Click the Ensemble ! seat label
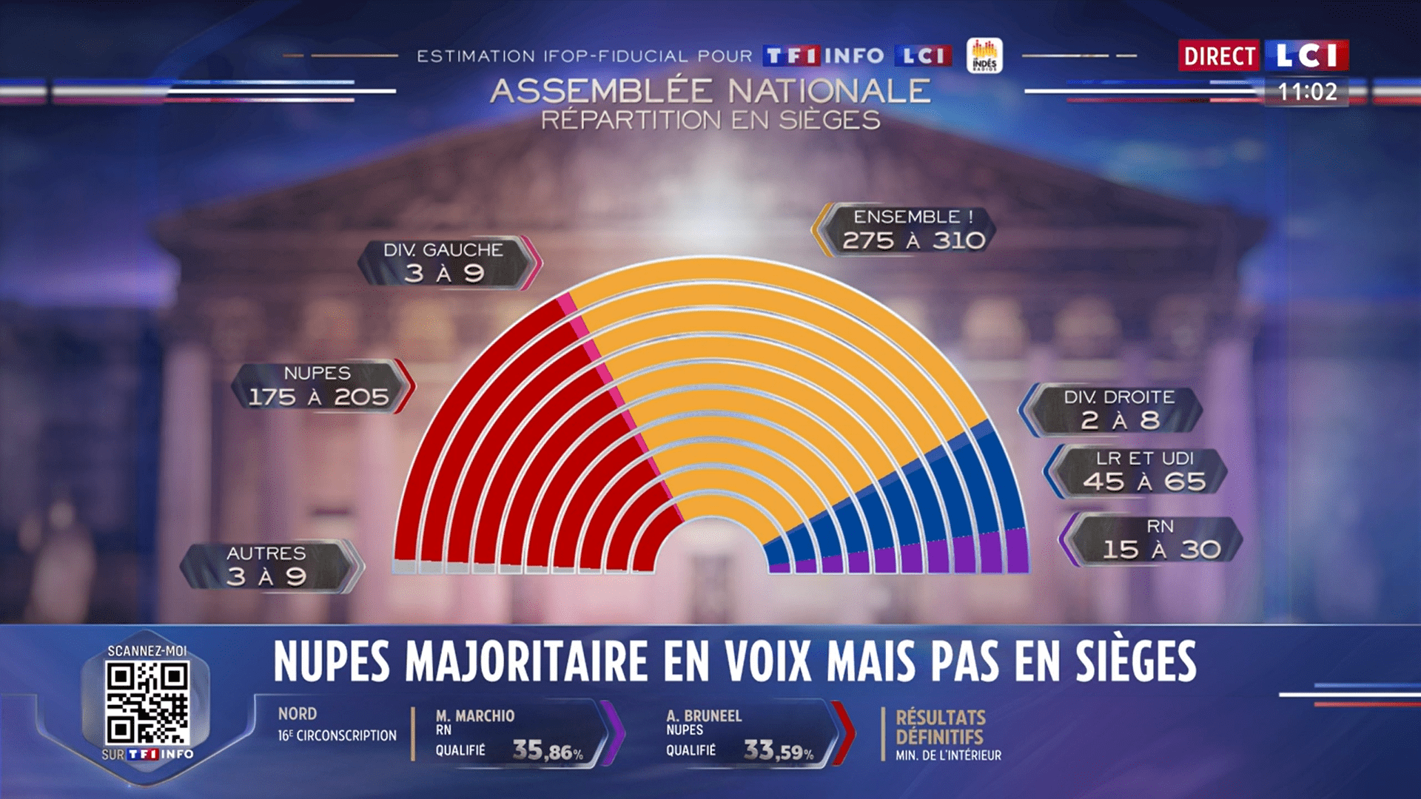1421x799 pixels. (x=912, y=229)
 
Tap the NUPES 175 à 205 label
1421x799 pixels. (x=319, y=386)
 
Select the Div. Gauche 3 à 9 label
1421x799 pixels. (x=444, y=263)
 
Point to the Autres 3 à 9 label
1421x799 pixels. (x=266, y=566)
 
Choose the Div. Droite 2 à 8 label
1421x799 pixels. (x=1118, y=409)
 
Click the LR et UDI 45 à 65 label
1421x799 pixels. (x=1143, y=471)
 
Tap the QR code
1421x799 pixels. (x=147, y=703)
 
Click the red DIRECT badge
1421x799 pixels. (x=1219, y=55)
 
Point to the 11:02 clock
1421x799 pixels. (x=1307, y=92)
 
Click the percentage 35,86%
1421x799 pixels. (x=548, y=751)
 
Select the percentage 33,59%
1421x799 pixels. (x=779, y=751)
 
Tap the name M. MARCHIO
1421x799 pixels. (x=475, y=716)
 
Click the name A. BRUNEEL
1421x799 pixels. (x=704, y=716)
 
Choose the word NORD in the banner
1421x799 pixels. (x=298, y=714)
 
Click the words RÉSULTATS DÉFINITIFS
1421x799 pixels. (x=941, y=727)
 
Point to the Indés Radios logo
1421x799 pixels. (x=984, y=55)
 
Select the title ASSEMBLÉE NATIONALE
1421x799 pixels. (x=710, y=92)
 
